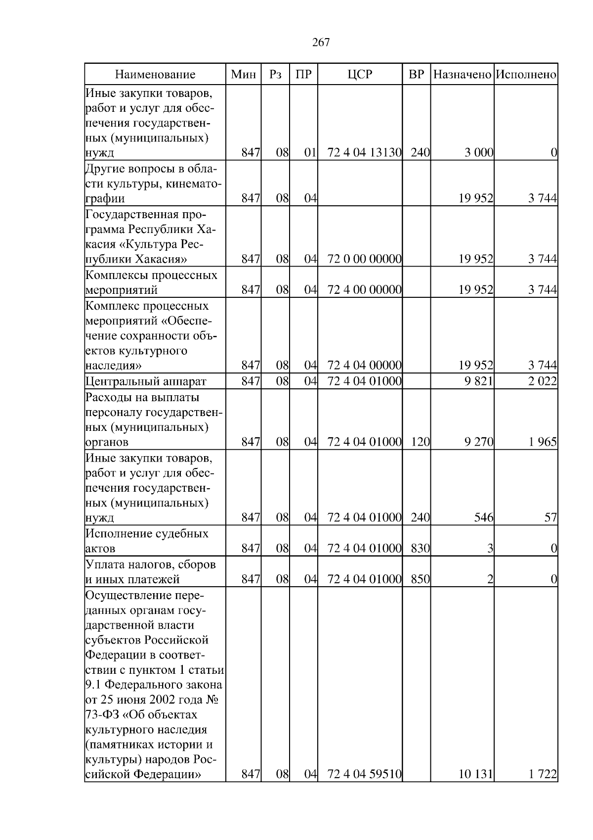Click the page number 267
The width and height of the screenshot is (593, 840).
tap(321, 43)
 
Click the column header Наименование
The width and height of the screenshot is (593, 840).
tap(155, 75)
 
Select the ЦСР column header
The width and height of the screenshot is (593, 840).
tap(360, 75)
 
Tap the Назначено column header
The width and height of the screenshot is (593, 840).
tap(462, 75)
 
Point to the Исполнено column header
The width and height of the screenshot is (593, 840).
tap(526, 75)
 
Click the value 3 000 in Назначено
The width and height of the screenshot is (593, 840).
tap(479, 153)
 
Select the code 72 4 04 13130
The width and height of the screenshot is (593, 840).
tap(364, 153)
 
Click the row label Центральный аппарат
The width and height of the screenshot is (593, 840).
tap(146, 381)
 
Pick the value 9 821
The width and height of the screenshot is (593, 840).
tap(479, 381)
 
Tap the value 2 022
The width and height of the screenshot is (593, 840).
tap(543, 381)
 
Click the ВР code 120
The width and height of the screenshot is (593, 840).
tap(420, 442)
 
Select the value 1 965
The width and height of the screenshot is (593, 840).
tap(543, 442)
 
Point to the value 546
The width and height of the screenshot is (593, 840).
tap(483, 518)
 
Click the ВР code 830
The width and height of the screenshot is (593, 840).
tap(420, 549)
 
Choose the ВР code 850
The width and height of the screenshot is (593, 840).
tap(420, 579)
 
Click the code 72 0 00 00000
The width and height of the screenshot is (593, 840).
tap(364, 259)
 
